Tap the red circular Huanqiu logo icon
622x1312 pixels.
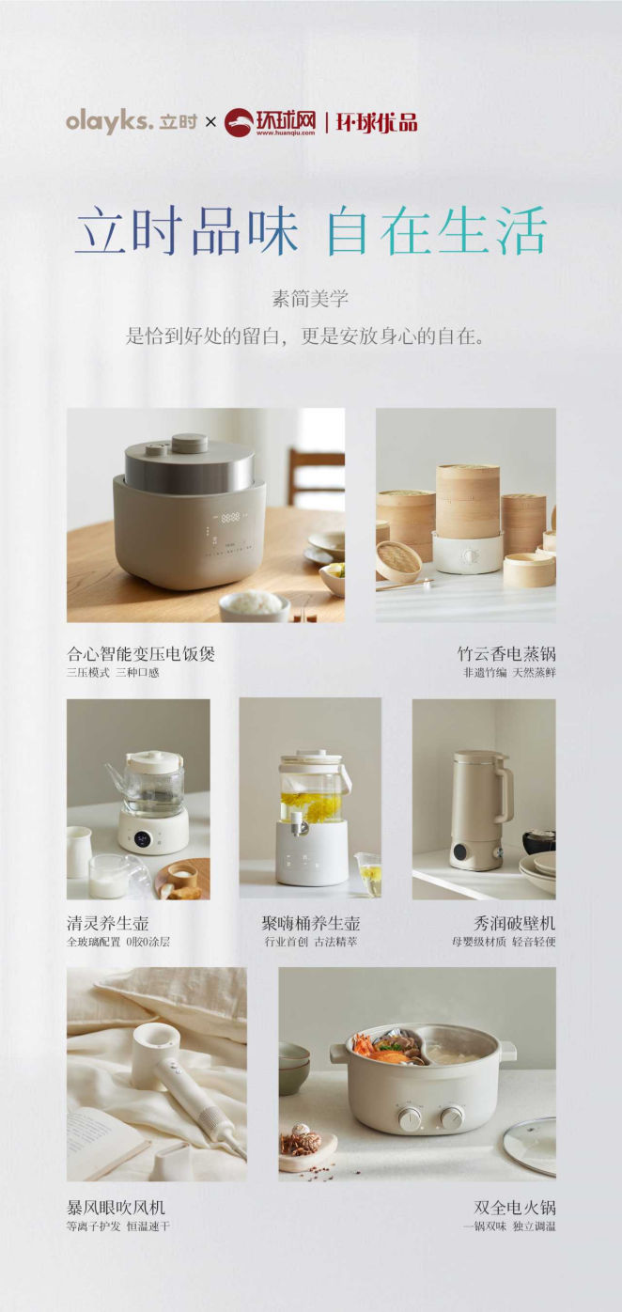tap(239, 122)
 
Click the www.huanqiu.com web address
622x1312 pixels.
tap(286, 133)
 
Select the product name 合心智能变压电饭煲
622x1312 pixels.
tap(141, 654)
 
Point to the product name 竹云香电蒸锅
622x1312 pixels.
tap(506, 654)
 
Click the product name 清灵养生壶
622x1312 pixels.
tap(108, 923)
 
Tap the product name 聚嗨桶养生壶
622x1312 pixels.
tap(310, 923)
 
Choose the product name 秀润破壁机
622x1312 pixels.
tap(514, 923)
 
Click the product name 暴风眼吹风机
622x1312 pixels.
tap(116, 1207)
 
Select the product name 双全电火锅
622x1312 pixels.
tap(514, 1207)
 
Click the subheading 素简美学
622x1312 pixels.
tap(310, 299)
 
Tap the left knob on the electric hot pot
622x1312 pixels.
tap(410, 1120)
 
